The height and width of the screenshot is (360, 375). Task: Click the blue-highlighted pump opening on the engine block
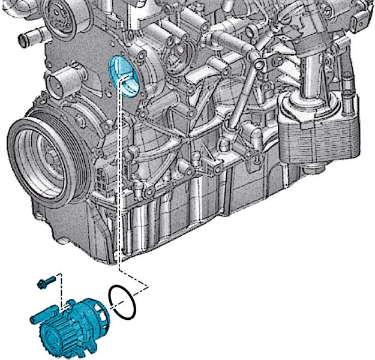pyautogui.click(x=124, y=77)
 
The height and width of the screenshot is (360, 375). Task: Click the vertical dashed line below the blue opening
pyautogui.click(x=120, y=180)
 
